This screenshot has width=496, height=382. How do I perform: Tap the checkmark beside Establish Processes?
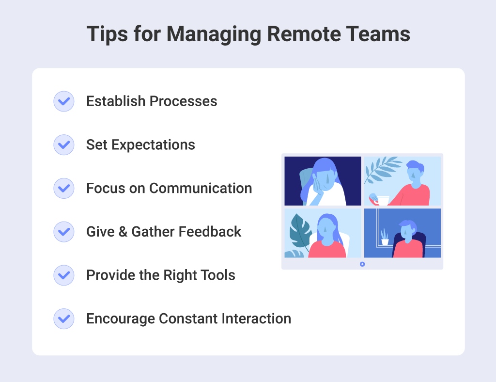click(x=63, y=101)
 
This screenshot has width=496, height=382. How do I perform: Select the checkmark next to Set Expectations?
click(x=63, y=144)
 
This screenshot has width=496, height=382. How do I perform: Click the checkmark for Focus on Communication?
click(x=63, y=188)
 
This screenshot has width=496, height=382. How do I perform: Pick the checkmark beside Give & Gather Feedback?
click(x=63, y=232)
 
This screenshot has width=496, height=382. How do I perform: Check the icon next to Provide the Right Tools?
click(x=63, y=275)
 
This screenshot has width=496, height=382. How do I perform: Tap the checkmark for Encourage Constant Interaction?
click(x=63, y=319)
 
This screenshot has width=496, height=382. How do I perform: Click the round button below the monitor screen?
click(x=362, y=264)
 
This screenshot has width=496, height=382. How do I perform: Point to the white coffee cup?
click(x=383, y=200)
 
